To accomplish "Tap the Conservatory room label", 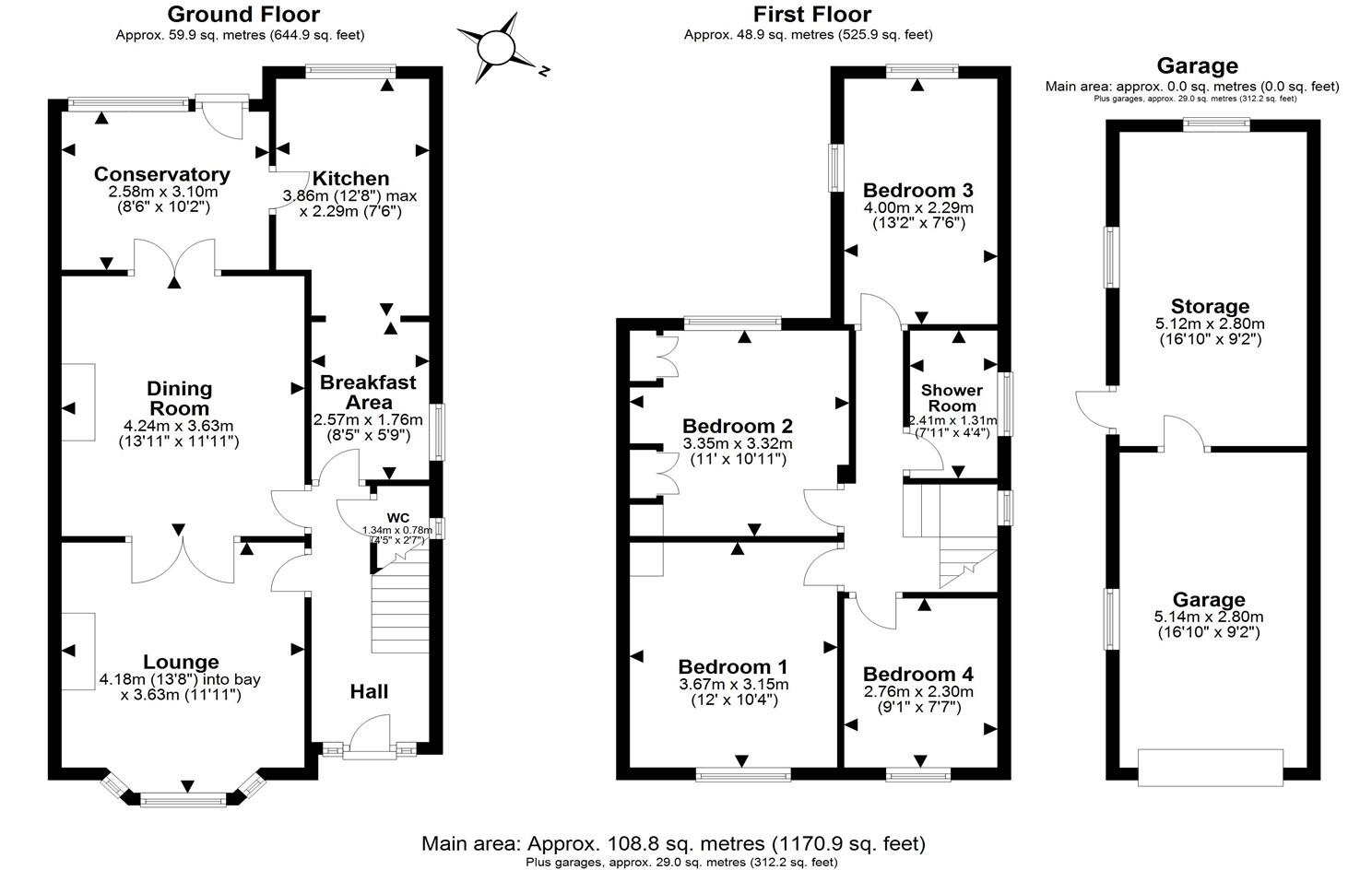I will (x=161, y=174).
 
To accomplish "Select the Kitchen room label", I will (x=350, y=178).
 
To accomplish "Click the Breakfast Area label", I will (x=368, y=392).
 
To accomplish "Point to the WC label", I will (x=397, y=517).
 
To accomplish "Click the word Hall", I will (x=369, y=691).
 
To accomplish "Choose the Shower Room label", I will (x=952, y=398).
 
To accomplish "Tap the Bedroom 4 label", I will (x=917, y=675).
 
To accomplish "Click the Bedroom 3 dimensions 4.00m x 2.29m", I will (x=917, y=208).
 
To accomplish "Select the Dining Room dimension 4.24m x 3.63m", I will (x=178, y=426).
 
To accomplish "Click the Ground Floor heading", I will (x=244, y=15).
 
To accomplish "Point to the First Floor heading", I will (x=811, y=15).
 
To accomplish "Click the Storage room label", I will (x=1210, y=307).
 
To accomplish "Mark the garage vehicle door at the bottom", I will (x=1210, y=767).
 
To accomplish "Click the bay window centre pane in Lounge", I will (x=183, y=800).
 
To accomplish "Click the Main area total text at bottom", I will (x=673, y=843).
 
